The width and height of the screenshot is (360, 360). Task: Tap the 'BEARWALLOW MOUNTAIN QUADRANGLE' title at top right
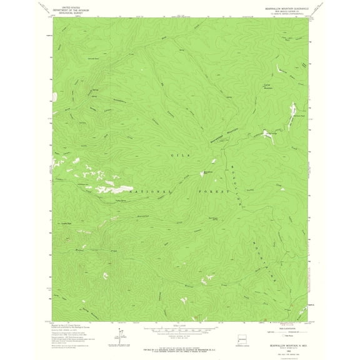point(282,7)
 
